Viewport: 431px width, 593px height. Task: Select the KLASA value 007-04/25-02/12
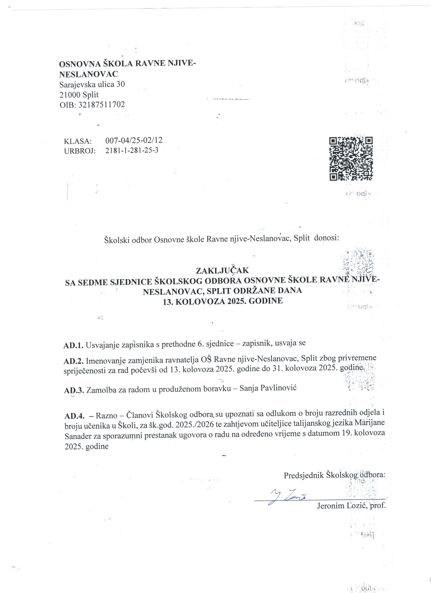(x=134, y=140)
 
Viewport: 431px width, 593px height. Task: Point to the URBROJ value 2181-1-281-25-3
(x=132, y=151)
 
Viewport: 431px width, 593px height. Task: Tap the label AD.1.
(x=73, y=345)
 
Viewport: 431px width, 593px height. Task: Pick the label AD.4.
(x=74, y=416)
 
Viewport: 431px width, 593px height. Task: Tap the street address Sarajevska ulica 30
(x=92, y=85)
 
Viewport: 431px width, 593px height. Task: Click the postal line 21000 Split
(x=79, y=95)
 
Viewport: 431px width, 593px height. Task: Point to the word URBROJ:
(x=80, y=151)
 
